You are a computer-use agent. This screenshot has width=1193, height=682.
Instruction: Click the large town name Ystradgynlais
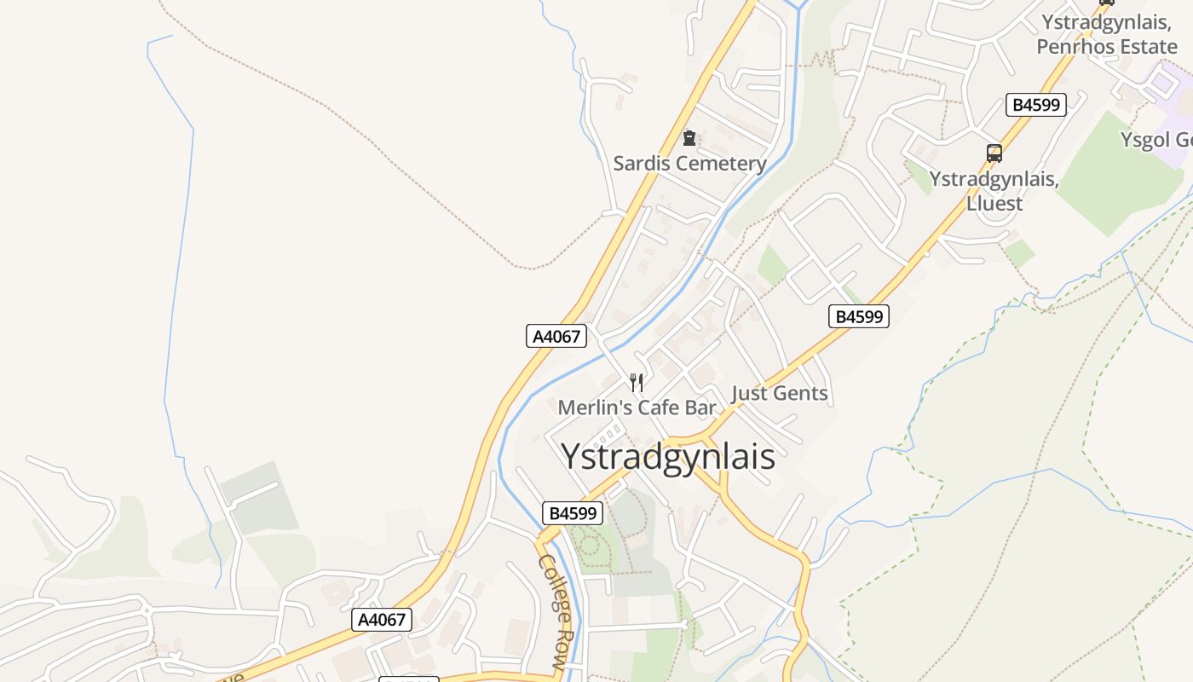point(668,457)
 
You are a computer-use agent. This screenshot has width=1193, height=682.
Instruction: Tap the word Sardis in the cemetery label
point(639,163)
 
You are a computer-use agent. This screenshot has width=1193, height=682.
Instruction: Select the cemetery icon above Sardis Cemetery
point(689,138)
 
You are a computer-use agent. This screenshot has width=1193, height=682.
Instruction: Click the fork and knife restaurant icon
point(637,382)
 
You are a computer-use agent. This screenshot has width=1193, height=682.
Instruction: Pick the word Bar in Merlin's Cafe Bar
point(700,407)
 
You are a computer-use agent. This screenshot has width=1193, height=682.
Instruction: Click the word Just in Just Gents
point(750,393)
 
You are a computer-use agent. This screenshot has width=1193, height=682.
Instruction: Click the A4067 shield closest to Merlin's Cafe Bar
point(556,336)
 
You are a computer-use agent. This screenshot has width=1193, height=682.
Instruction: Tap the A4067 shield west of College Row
point(381,620)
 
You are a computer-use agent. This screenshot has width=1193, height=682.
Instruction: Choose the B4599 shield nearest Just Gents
point(858,316)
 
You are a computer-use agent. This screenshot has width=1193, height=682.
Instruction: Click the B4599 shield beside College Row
point(573,513)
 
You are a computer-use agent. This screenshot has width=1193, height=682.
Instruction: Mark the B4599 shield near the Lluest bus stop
point(1035,105)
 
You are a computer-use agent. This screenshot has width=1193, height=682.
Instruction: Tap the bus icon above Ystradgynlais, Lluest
point(994,153)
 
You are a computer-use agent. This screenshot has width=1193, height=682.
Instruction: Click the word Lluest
point(994,204)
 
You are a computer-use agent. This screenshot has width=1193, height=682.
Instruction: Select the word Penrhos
point(1071,46)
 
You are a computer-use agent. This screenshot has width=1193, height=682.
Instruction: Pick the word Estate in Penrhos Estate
point(1143,46)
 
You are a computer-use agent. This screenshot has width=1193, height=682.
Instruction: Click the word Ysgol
point(1146,140)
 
